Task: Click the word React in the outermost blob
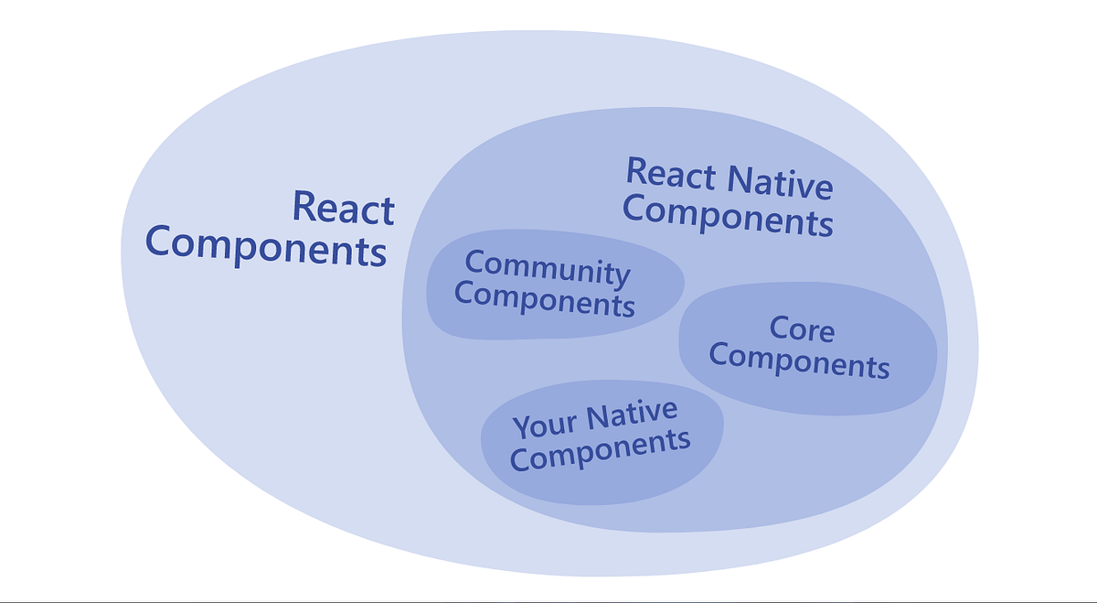(x=343, y=208)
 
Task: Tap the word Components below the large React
(x=266, y=247)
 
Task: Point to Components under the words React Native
(x=728, y=217)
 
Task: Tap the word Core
(x=802, y=328)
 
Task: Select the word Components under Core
(x=799, y=361)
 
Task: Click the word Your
(x=545, y=425)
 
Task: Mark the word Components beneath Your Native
(x=600, y=450)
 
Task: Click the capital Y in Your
(x=522, y=428)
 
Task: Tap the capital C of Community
(x=474, y=262)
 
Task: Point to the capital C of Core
(x=779, y=328)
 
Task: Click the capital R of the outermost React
(x=304, y=207)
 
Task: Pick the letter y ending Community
(x=622, y=275)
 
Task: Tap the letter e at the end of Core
(x=825, y=331)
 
